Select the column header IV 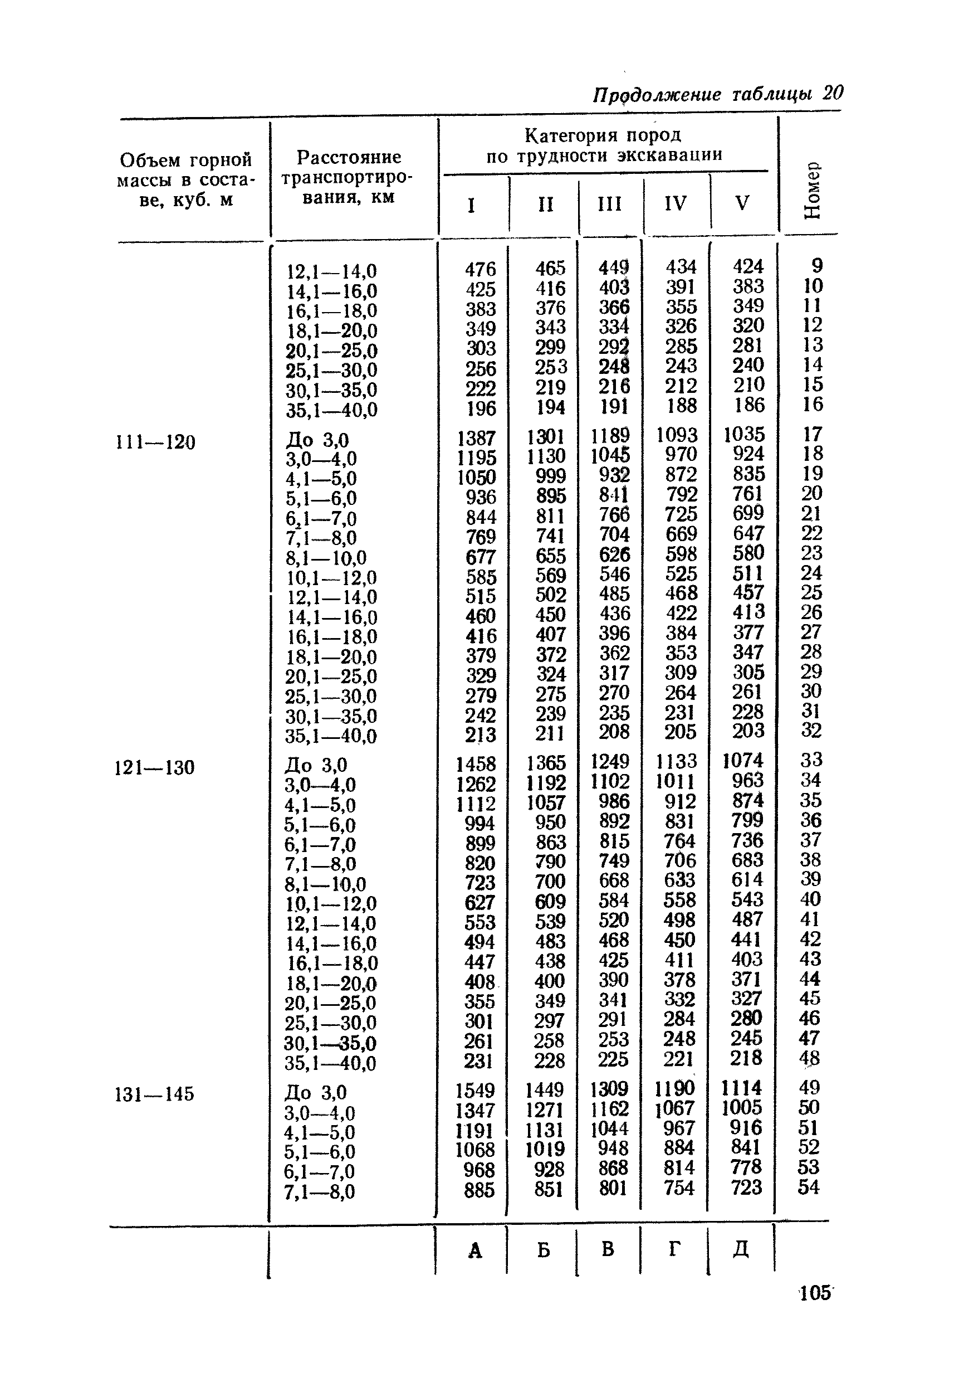pos(676,203)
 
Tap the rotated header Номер pos(813,189)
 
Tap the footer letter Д pos(741,1249)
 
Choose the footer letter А pos(475,1250)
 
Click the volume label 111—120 pos(155,442)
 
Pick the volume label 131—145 pos(154,1094)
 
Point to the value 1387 pos(476,439)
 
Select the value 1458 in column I pos(476,764)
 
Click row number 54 pos(808,1187)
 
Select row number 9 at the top pos(816,265)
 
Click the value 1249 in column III pos(610,762)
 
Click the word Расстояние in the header pos(349,158)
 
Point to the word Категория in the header pos(569,136)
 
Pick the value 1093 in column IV pos(677,435)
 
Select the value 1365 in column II pos(546,763)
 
